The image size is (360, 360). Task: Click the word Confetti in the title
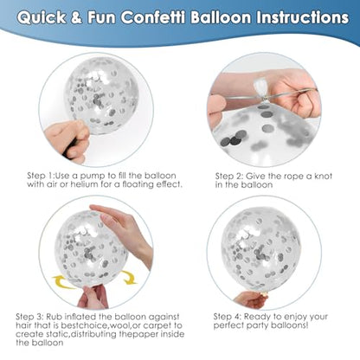[153, 17]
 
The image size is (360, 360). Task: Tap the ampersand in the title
[77, 18]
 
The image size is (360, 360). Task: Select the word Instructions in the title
[303, 17]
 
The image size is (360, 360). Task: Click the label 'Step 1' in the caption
[41, 176]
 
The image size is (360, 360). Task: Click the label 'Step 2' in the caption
[228, 176]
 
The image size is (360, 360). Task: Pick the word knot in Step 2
[323, 176]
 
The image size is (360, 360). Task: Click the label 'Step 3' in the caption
[29, 317]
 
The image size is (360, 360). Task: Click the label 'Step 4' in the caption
[227, 317]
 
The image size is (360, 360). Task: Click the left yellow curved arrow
[62, 281]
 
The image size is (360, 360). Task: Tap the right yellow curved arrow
[129, 277]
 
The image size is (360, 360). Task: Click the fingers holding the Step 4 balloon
[250, 299]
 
